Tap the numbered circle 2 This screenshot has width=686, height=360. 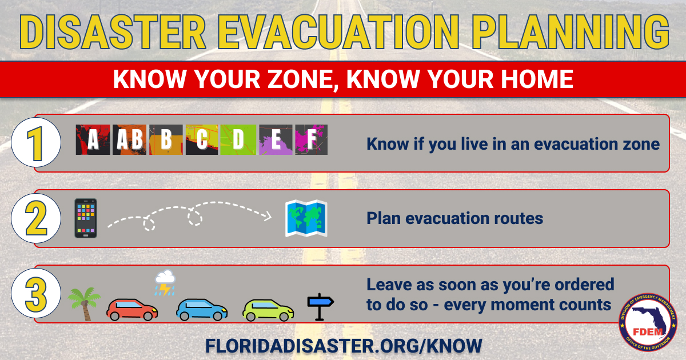coord(36,218)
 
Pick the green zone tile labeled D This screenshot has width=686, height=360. coord(238,140)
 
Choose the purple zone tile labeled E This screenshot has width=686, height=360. coord(276,140)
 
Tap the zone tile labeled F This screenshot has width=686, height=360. coord(312,140)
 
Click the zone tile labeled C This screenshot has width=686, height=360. coord(202,140)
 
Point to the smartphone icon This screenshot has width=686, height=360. coord(86,218)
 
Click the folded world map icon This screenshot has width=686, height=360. coord(306,218)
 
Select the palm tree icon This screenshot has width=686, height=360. coord(83,303)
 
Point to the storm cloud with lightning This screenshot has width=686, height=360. coord(165,283)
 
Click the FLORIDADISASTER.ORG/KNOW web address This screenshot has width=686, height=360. coord(344,345)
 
